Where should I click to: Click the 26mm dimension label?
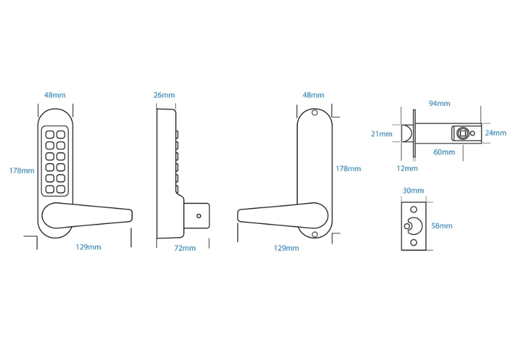(164, 96)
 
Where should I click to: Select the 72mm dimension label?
(185, 248)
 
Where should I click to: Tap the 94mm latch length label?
(439, 103)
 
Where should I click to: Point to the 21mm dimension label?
(382, 133)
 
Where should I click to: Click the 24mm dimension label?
(495, 133)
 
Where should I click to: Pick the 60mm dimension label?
(445, 152)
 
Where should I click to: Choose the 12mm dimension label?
(407, 168)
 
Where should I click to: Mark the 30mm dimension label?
(413, 190)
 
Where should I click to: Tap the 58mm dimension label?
(442, 225)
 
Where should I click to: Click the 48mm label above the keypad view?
(54, 96)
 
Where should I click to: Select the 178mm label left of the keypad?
(21, 170)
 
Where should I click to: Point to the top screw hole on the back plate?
(314, 114)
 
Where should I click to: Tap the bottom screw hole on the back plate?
(314, 234)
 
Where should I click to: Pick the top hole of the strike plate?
(414, 209)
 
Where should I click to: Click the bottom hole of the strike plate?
(414, 242)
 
